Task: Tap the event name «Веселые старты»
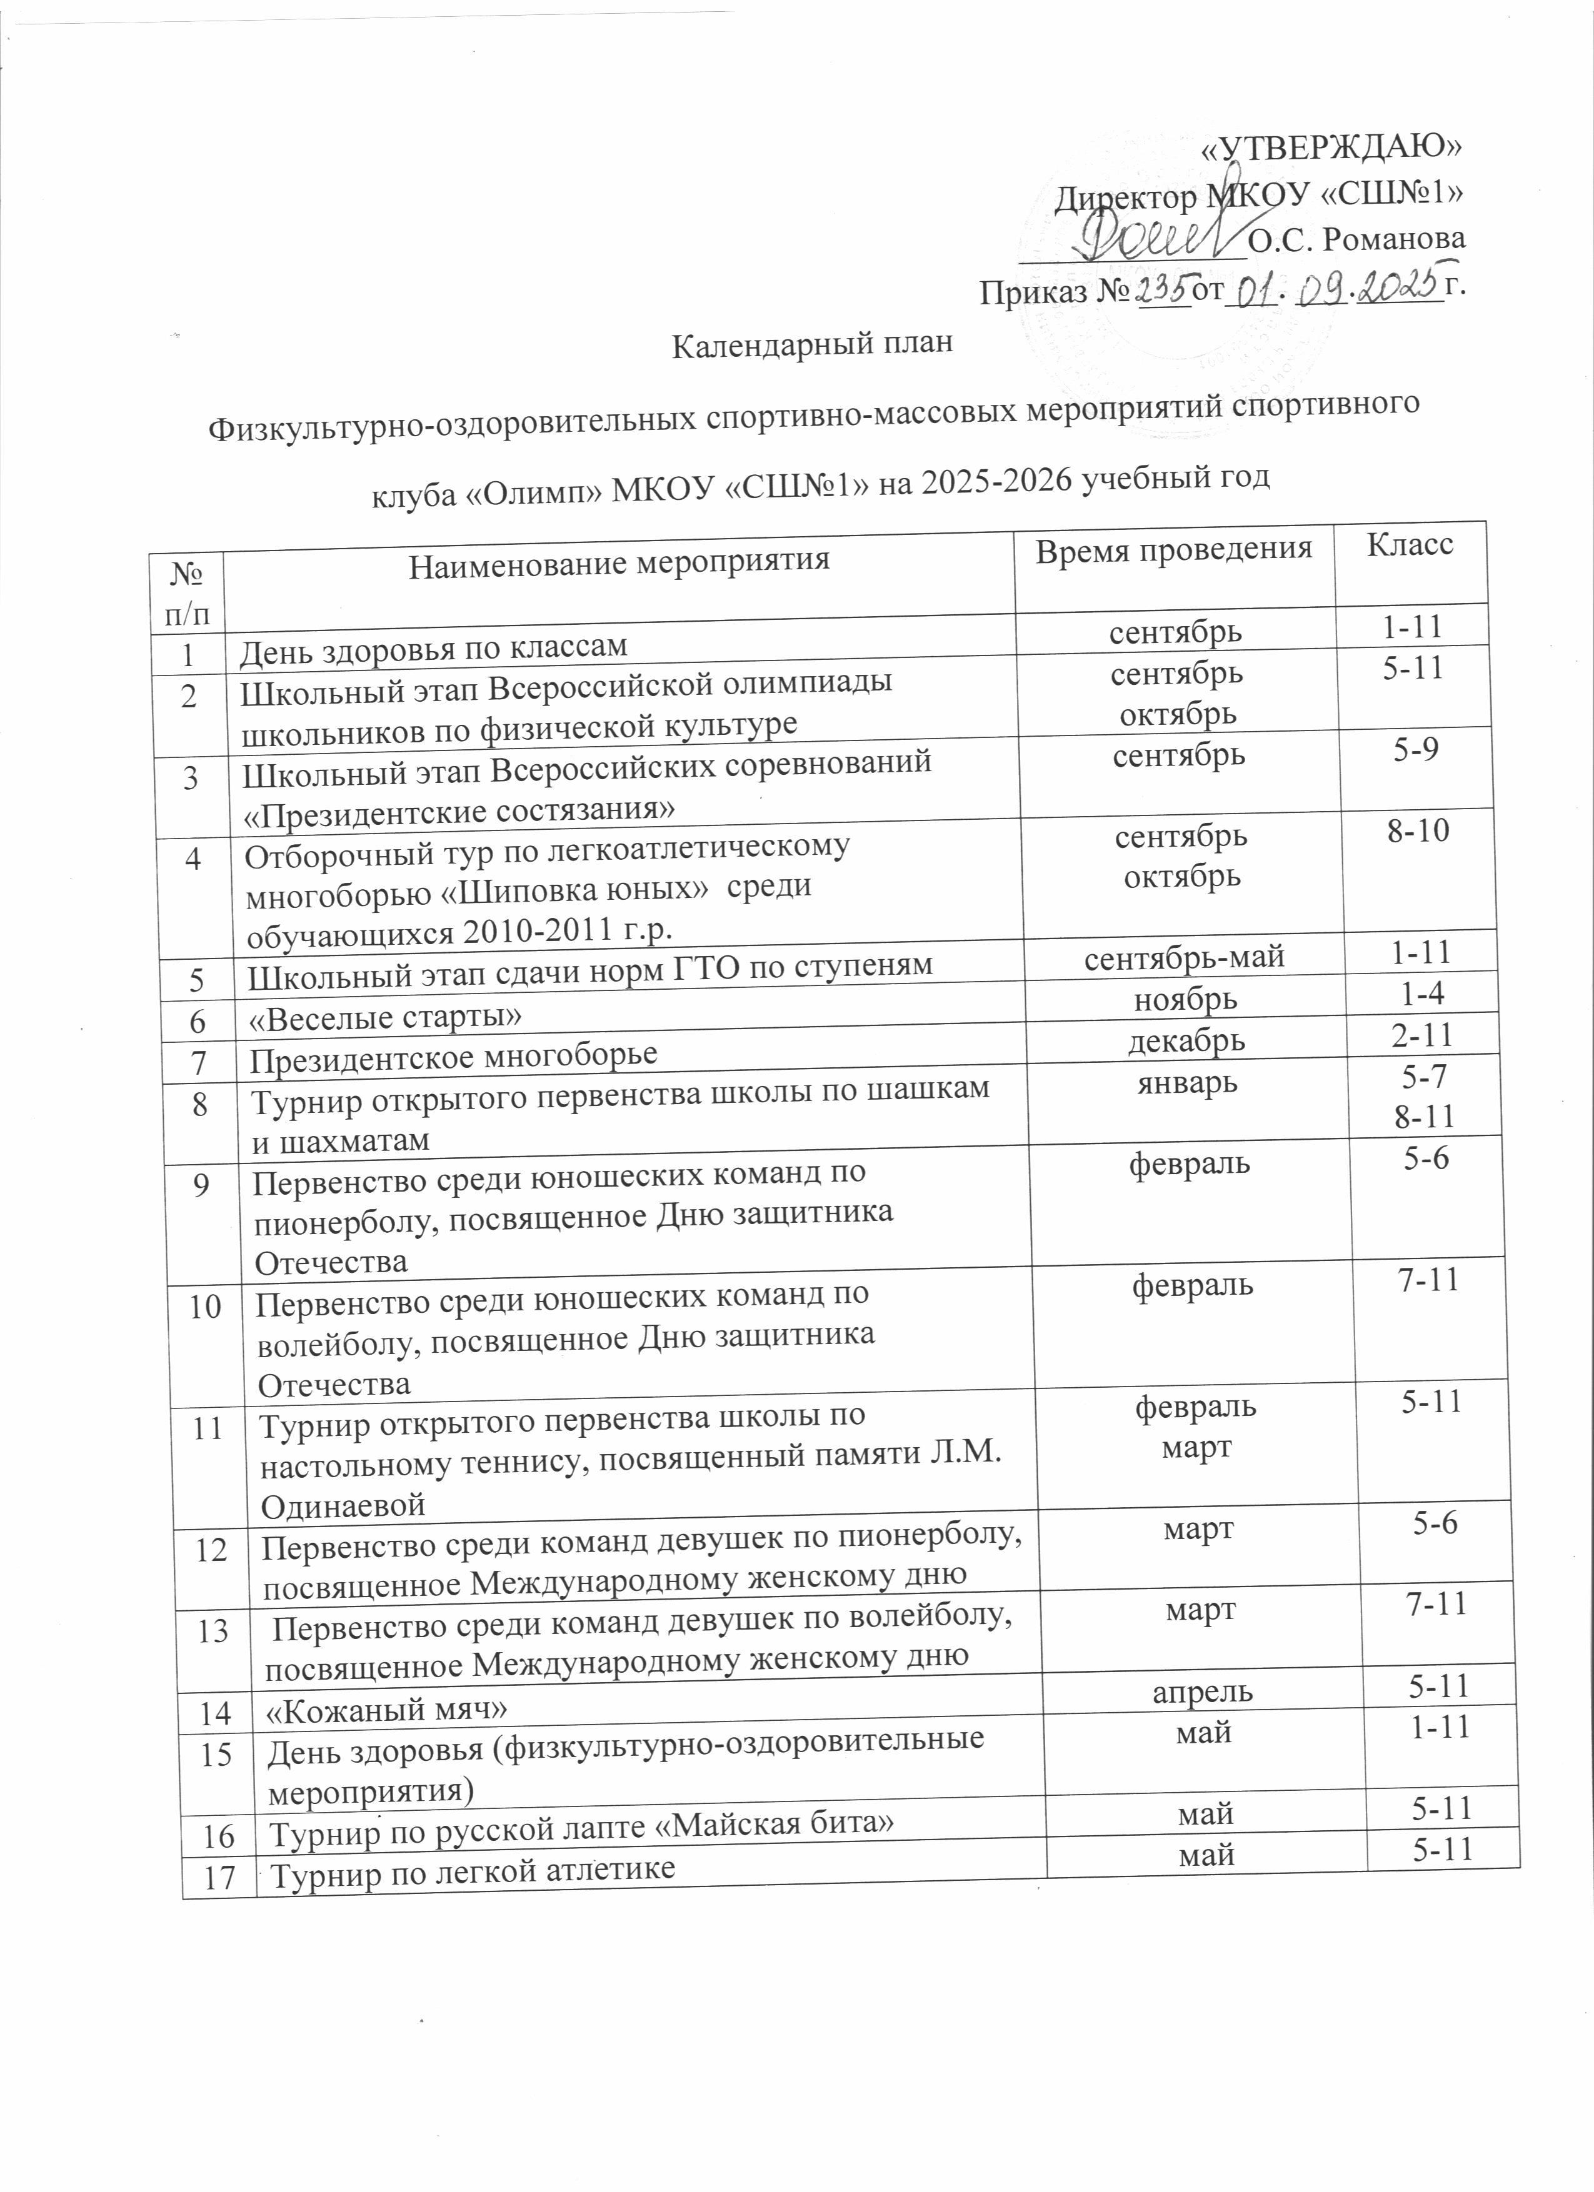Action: pyautogui.click(x=388, y=1017)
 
